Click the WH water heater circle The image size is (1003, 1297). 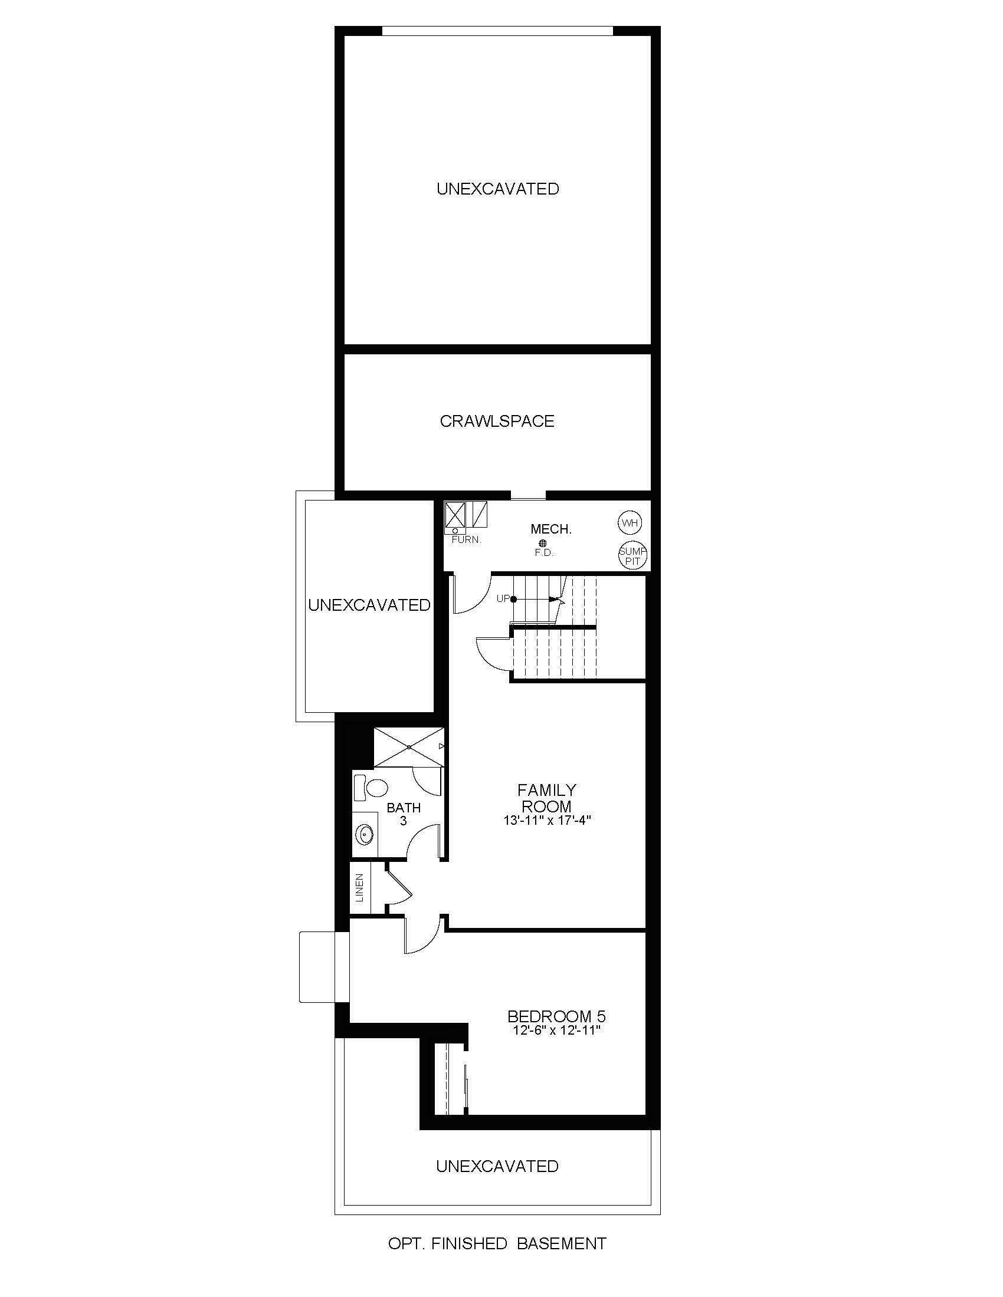pos(630,523)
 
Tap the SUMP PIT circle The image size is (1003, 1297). pos(632,555)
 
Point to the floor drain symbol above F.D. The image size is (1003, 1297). pos(542,543)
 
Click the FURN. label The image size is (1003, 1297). pos(467,541)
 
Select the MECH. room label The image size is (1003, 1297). pos(551,529)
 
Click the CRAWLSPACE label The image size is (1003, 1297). pos(497,421)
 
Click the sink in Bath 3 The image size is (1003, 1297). pos(363,834)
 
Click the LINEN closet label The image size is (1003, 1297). pos(359,887)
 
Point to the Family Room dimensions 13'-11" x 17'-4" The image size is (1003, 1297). pos(546,821)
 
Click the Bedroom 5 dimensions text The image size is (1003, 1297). pos(557,1031)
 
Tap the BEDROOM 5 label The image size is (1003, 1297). pos(556,1016)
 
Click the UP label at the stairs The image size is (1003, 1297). pos(503,598)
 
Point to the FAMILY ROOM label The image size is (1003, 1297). pos(546,798)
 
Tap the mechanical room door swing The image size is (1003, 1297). pos(469,594)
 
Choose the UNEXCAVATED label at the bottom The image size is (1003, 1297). pos(497,1166)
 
